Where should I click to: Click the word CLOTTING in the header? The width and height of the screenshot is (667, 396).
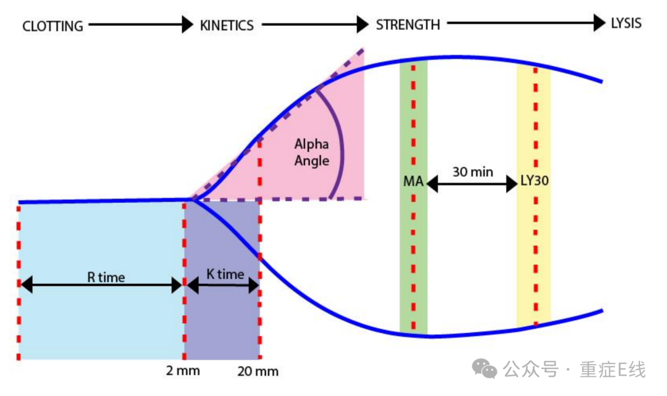coord(52,26)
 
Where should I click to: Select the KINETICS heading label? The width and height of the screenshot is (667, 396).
coord(227,25)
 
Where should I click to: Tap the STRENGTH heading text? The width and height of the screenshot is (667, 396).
coord(408,25)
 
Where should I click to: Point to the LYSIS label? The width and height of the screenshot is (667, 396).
coord(626,24)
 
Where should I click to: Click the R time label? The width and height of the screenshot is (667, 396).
coord(106,277)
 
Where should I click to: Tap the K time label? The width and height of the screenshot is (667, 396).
coord(225,274)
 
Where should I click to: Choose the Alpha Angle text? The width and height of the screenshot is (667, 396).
coord(311,152)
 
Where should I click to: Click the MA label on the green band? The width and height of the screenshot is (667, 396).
coord(413,183)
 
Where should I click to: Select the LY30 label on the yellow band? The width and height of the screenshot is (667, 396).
coord(534,183)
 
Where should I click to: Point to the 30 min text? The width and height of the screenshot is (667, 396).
coord(472,171)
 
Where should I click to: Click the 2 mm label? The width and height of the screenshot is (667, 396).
coord(183,371)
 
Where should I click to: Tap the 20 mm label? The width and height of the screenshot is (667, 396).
coord(258,371)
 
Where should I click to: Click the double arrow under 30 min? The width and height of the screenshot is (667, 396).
coord(472,184)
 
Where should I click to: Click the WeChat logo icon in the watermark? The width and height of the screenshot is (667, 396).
coord(484,369)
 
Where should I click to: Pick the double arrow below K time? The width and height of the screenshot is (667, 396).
coord(223,285)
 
